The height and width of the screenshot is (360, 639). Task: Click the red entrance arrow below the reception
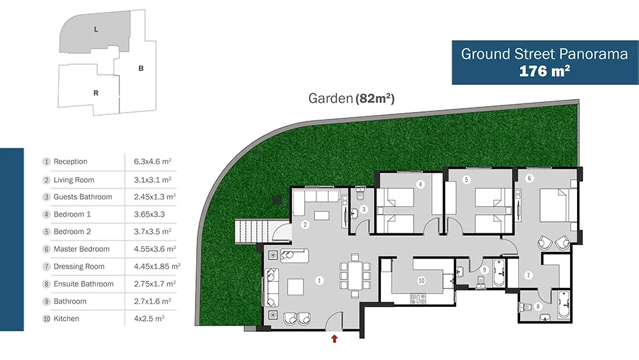[335, 338]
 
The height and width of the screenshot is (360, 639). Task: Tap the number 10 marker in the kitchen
[421, 281]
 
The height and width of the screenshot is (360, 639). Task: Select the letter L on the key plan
[96, 29]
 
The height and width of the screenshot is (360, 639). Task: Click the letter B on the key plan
[141, 68]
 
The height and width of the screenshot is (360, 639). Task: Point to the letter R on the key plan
[96, 93]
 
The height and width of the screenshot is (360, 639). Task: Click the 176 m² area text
[544, 71]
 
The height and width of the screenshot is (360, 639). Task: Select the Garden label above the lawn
[330, 98]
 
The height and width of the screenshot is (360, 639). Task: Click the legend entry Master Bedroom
[82, 249]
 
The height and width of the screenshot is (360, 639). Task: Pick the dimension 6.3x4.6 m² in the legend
[153, 161]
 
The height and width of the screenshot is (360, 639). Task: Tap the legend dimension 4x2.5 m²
[149, 318]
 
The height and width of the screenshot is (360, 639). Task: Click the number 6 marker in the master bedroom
[529, 178]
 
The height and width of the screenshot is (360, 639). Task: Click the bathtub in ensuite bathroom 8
[564, 304]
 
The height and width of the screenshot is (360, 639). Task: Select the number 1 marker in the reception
[319, 281]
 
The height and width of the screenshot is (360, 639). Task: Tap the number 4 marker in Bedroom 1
[420, 184]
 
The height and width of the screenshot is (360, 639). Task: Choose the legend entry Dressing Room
[79, 267]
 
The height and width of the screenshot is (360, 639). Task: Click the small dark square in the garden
[277, 200]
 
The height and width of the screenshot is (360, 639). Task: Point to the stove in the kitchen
[418, 299]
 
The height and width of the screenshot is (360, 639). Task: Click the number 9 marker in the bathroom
[484, 269]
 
